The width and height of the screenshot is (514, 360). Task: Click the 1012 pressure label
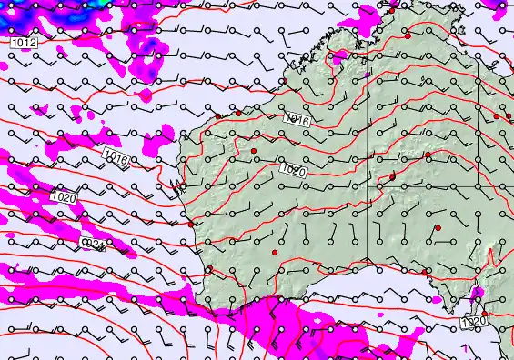[x=25, y=43]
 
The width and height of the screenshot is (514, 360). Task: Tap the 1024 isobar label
[x=95, y=244]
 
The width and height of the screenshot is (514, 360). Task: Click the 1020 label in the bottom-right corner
[x=473, y=320]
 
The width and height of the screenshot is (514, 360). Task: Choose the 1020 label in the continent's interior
[x=291, y=170]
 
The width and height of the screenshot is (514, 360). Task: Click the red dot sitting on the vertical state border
[x=392, y=176]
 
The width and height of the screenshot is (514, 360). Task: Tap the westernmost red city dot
[x=190, y=224]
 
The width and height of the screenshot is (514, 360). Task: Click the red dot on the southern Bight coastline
[x=425, y=271]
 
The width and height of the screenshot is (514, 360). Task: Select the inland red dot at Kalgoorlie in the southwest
[x=274, y=251]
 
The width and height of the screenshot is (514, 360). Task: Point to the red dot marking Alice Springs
[x=428, y=155]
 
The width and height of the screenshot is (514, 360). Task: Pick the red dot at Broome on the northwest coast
[x=238, y=114]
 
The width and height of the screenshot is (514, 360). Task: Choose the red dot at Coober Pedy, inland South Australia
[x=438, y=227]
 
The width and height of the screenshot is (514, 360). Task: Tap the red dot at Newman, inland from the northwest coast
[x=254, y=150]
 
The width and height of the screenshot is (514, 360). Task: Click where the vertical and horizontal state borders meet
[x=368, y=186]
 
